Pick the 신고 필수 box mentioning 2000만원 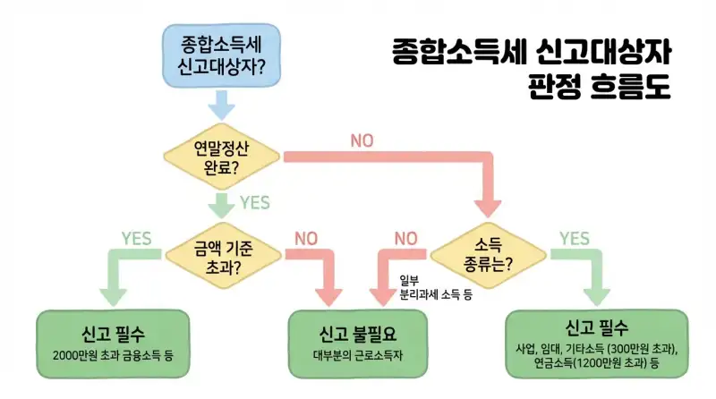click(x=114, y=344)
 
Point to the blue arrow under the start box click(x=222, y=106)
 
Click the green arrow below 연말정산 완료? click(x=221, y=205)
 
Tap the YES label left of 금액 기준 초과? click(x=135, y=239)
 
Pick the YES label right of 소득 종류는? click(x=574, y=239)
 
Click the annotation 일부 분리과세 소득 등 click(x=435, y=287)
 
